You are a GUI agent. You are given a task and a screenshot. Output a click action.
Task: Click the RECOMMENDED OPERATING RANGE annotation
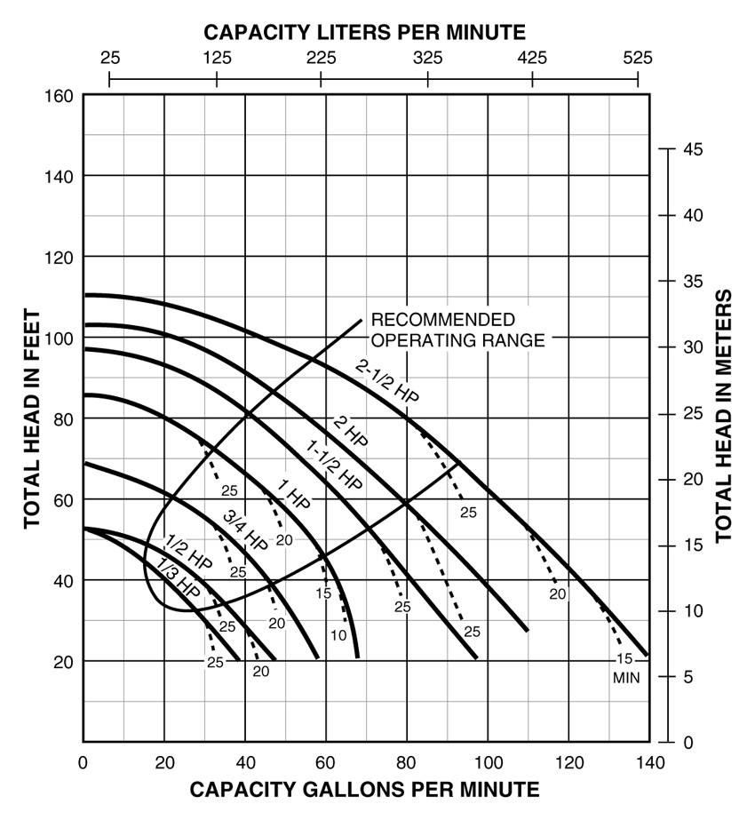(457, 329)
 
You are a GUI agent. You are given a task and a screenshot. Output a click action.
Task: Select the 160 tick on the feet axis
(60, 95)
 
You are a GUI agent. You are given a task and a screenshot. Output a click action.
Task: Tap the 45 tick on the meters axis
(693, 149)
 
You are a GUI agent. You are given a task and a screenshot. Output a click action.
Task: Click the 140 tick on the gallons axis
(649, 761)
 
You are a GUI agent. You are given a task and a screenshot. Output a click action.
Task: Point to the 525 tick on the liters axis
(637, 59)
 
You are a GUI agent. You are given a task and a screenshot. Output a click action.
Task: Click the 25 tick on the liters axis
(109, 59)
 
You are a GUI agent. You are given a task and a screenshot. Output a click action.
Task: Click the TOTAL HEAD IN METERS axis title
(724, 415)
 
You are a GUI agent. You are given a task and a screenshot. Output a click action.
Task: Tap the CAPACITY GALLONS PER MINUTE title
(364, 789)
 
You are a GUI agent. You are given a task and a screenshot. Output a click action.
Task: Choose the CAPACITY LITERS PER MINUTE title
(365, 33)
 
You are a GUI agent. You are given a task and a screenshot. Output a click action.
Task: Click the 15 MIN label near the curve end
(625, 667)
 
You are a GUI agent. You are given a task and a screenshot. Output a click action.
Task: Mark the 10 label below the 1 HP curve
(338, 635)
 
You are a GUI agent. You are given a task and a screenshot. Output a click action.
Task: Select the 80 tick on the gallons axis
(407, 761)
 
